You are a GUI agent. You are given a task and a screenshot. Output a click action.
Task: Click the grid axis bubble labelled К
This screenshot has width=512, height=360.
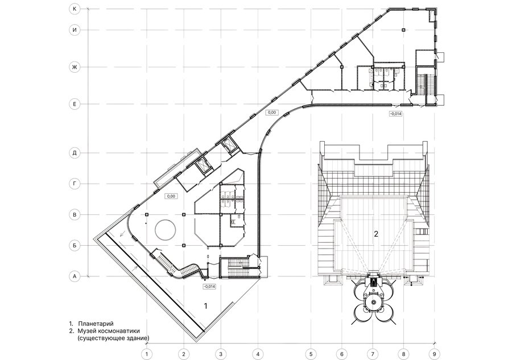click(75, 9)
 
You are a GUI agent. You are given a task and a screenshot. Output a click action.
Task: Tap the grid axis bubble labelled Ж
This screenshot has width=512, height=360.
click(75, 67)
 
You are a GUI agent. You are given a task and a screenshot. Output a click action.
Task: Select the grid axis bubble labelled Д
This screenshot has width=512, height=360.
click(75, 153)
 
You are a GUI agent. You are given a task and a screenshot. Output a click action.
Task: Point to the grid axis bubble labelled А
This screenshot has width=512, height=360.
click(75, 276)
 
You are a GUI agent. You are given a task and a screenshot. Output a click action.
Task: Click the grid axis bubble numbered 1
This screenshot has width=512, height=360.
click(147, 354)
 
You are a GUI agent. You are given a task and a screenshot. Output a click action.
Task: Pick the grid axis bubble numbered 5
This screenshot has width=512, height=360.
click(311, 354)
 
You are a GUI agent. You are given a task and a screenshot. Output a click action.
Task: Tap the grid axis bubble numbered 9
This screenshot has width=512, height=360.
click(434, 354)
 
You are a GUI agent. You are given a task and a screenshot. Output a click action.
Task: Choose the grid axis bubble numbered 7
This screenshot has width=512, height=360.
click(372, 354)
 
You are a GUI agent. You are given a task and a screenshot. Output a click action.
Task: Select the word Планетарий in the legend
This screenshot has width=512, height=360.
click(96, 324)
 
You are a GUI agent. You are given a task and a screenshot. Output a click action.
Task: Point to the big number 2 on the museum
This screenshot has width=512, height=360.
click(376, 234)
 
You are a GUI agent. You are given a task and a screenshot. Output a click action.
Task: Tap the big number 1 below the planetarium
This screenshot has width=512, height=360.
click(206, 306)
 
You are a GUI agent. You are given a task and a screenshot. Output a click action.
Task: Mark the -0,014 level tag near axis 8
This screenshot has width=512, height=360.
click(395, 114)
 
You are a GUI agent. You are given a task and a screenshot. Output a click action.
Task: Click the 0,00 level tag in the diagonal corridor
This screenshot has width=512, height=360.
click(272, 112)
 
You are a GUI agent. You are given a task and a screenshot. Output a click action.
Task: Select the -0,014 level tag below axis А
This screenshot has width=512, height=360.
click(209, 287)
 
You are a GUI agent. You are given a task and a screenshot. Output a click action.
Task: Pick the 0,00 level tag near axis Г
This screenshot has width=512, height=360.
click(171, 196)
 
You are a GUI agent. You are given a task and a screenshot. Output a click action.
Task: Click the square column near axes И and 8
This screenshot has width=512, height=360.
click(403, 30)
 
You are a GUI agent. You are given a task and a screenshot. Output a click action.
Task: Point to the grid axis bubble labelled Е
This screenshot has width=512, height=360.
click(75, 105)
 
